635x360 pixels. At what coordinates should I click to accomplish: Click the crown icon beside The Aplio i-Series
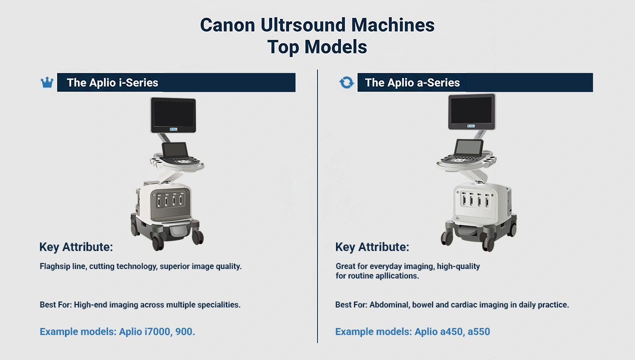coord(47,82)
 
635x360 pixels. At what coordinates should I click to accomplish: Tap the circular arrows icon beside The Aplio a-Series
coord(346,82)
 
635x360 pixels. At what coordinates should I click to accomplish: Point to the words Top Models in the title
coord(317,47)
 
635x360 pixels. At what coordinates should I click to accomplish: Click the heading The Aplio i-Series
coord(112,83)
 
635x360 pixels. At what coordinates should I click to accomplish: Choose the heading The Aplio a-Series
coord(412,83)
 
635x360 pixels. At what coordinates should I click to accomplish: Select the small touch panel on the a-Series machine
coord(469,147)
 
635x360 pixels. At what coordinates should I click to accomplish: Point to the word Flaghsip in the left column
coord(55,266)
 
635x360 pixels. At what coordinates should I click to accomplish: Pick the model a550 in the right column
coord(478,331)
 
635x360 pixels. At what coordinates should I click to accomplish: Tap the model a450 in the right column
coord(450,331)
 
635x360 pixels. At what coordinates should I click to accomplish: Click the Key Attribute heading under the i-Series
coord(76,247)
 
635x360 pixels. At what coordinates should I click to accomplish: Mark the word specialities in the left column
coord(217,304)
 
